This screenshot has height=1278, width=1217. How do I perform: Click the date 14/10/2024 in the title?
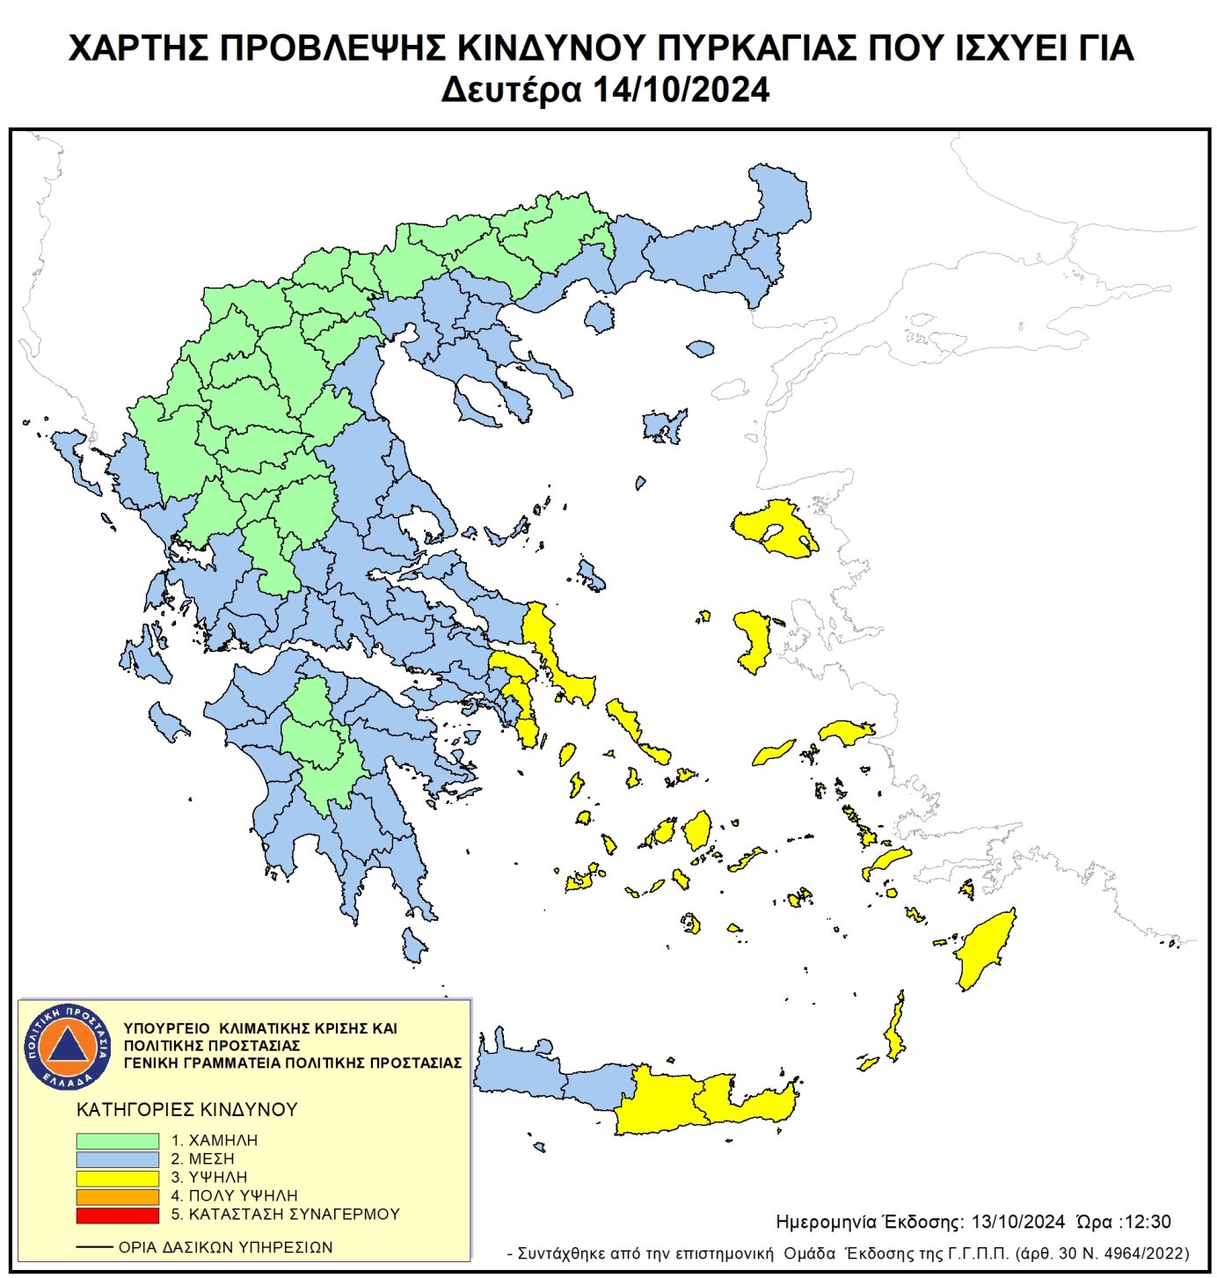tap(681, 90)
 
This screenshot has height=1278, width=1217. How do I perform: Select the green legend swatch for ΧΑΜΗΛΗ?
tap(117, 1140)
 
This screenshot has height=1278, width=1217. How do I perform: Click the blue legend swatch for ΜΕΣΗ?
tap(117, 1159)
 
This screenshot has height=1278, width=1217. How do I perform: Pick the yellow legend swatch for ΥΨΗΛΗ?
tap(117, 1178)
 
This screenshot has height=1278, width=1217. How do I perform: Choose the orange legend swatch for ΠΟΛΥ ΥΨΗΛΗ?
tap(117, 1196)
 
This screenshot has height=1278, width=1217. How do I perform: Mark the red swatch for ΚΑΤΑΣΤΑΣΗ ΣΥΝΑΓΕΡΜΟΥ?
tap(117, 1215)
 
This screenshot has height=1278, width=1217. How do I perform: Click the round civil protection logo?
tap(68, 1046)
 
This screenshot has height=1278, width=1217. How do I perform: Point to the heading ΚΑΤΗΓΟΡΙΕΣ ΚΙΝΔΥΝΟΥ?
tap(187, 1109)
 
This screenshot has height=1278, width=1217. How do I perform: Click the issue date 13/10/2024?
tap(1017, 1222)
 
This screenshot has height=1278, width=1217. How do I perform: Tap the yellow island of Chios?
tap(754, 640)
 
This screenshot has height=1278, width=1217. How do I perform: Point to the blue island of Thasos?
tap(600, 316)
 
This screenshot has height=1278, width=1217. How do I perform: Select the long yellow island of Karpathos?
tap(895, 1029)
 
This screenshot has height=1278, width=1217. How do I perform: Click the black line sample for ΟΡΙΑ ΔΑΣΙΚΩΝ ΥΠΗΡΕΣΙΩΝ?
tap(94, 1247)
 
